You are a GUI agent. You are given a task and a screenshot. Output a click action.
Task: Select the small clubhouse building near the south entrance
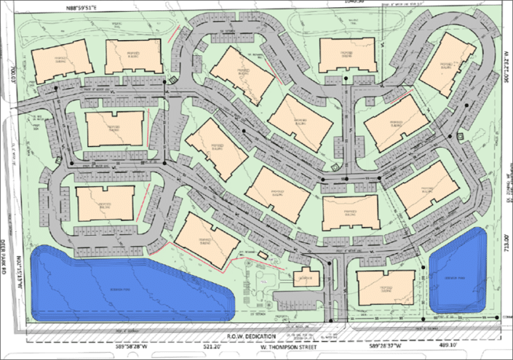click(x=303, y=278)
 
